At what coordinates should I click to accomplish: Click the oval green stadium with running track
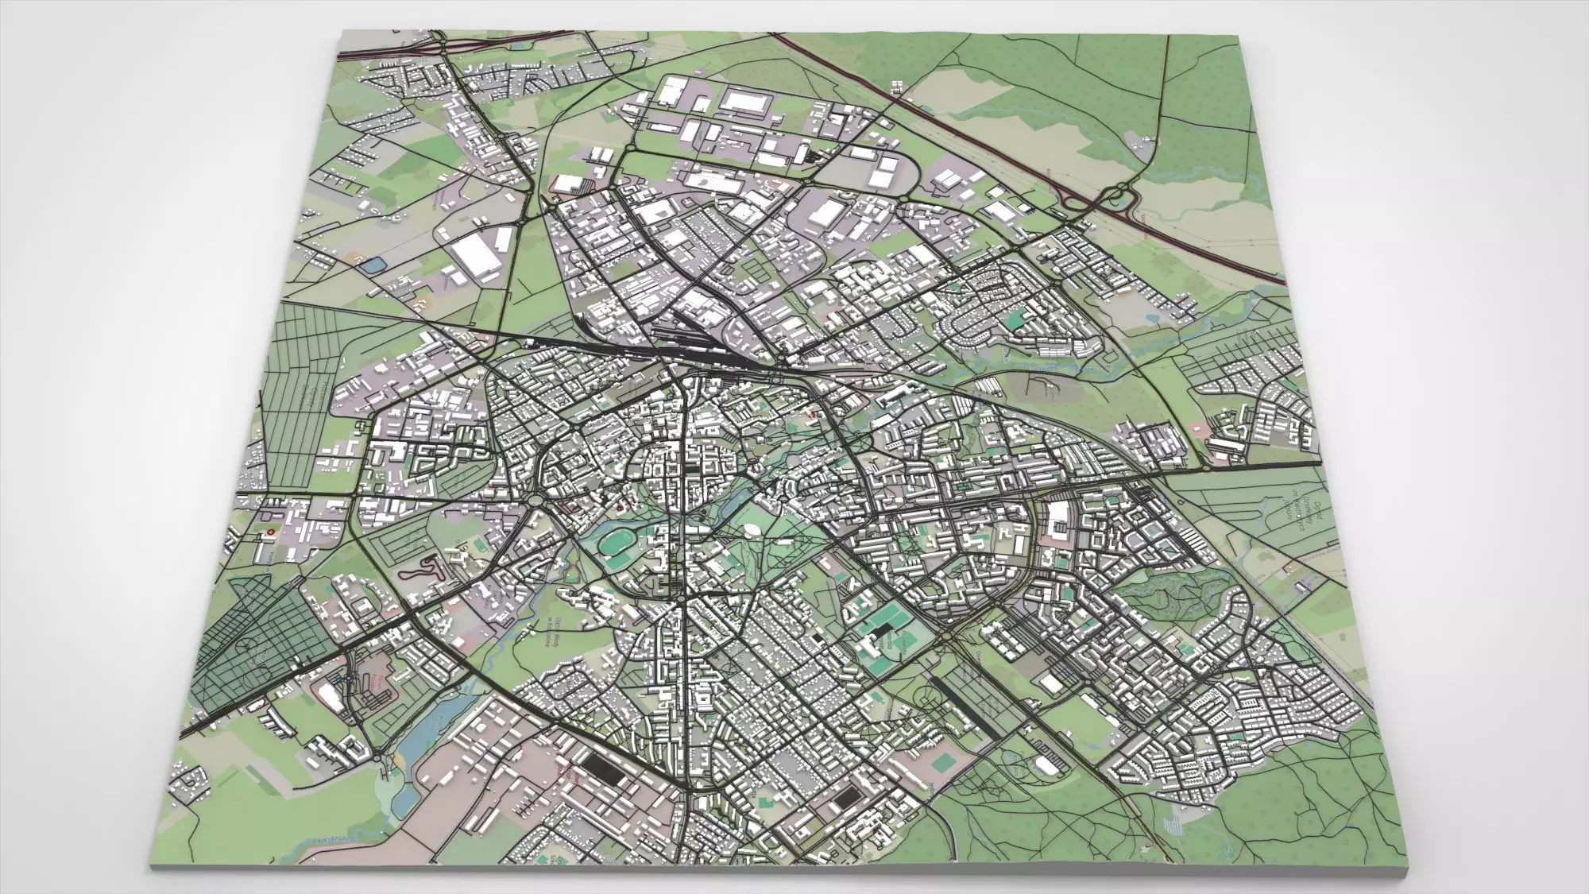[615, 545]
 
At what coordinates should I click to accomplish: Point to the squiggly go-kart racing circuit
[421, 568]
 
